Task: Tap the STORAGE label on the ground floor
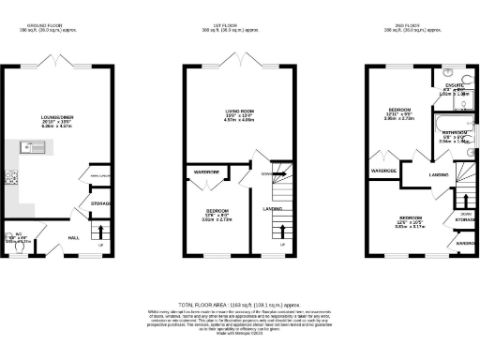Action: coord(101,202)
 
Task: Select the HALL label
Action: coord(73,238)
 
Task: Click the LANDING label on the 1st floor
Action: coord(272,208)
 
